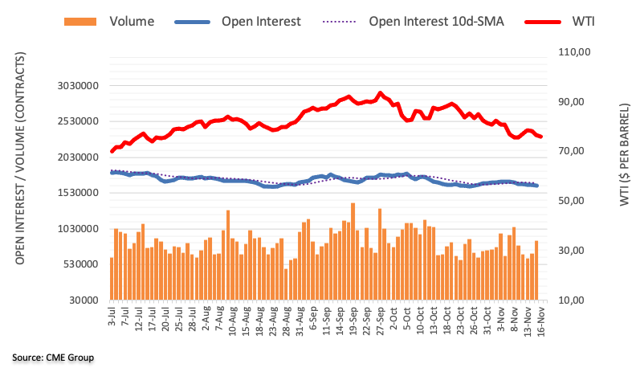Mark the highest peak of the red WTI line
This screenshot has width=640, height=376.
click(381, 93)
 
